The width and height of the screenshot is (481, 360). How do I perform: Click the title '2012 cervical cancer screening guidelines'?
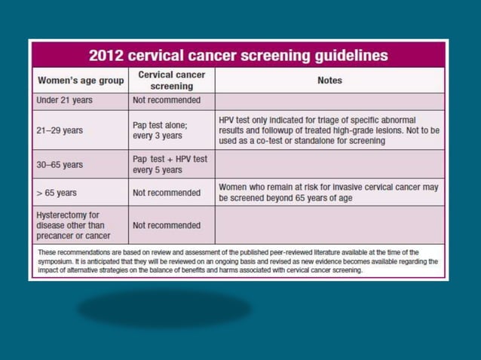[x=238, y=55]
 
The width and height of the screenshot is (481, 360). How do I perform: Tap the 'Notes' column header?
[x=329, y=81]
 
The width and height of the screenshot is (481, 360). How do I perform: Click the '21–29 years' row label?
[x=60, y=130]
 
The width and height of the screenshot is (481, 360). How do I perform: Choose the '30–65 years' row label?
[x=60, y=164]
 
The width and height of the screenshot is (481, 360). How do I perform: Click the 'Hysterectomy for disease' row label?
[x=72, y=225]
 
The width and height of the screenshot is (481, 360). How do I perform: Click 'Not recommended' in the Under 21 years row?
[x=167, y=100]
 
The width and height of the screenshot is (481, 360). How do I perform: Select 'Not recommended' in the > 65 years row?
[x=167, y=193]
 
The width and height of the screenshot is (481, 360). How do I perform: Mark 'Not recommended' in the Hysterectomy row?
[x=167, y=225]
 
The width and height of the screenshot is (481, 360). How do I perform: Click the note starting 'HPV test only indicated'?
[x=329, y=130]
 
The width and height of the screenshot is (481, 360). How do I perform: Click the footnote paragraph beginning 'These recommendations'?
[x=238, y=261]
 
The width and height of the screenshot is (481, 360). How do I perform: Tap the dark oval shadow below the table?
[x=164, y=309]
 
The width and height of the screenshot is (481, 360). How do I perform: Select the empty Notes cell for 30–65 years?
[x=329, y=164]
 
